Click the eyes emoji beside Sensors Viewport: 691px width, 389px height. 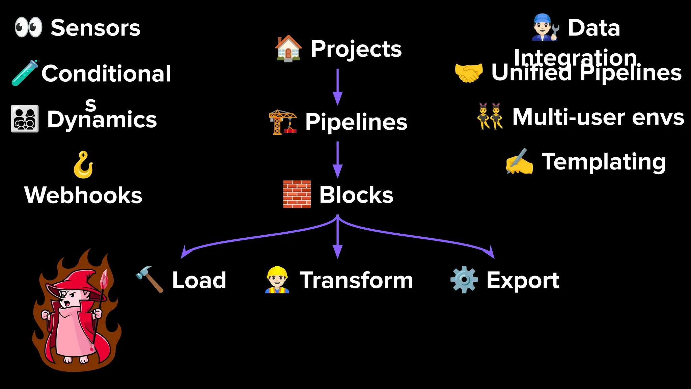coord(28,27)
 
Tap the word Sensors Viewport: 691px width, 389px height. coord(95,28)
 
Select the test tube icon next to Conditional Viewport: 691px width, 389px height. coord(25,73)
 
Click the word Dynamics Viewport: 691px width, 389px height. coord(102,120)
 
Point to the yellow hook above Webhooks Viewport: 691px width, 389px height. coord(83,165)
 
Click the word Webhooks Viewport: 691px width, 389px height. coord(83,195)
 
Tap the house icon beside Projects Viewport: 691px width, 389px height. coord(288,49)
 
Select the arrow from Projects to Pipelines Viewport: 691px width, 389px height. coord(337,87)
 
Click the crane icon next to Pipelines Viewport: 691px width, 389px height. coord(283,122)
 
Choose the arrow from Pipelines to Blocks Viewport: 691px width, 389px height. coord(337,159)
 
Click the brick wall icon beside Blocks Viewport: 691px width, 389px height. coord(297,194)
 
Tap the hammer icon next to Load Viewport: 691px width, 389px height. coord(150,279)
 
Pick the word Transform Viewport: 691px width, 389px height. coord(356,280)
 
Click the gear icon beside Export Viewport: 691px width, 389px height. coord(464,280)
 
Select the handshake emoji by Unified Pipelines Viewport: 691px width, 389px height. coord(469,73)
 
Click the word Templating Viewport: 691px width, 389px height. coord(604,162)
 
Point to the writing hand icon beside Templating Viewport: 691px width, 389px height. coord(519,161)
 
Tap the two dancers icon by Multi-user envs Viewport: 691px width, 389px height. coord(490,116)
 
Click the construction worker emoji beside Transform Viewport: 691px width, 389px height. coord(277,280)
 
